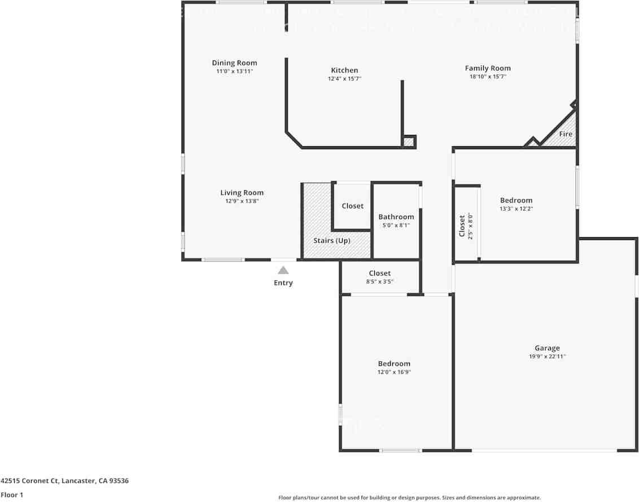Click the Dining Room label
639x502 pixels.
(234, 63)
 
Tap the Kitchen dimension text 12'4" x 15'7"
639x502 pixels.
(344, 79)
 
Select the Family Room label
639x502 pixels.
(488, 68)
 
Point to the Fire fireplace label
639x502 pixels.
(566, 134)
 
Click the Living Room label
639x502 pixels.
(242, 193)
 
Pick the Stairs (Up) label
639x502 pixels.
(332, 241)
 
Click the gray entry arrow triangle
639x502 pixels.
(283, 270)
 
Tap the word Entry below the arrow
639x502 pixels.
(283, 283)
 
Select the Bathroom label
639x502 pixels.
(396, 217)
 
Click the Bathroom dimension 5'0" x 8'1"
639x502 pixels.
(396, 225)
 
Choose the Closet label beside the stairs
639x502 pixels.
(353, 206)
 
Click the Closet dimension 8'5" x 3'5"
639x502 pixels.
(380, 282)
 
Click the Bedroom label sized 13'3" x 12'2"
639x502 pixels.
(516, 200)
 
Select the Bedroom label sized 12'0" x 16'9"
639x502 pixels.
(394, 364)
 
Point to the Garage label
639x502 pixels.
(547, 348)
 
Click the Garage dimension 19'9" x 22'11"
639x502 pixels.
(547, 357)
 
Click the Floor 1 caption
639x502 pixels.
(12, 495)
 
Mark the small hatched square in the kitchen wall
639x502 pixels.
(409, 142)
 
